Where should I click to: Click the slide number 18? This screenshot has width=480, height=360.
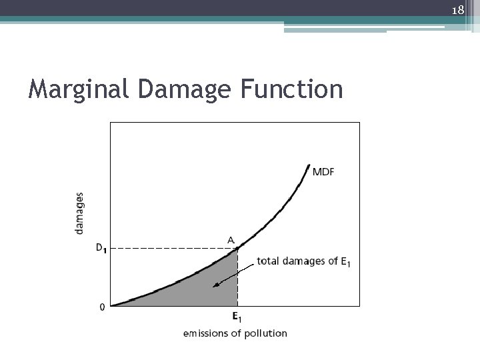click(x=458, y=10)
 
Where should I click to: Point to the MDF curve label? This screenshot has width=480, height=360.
click(x=324, y=172)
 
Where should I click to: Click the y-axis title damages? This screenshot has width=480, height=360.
click(x=80, y=213)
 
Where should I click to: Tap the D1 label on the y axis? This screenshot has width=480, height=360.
click(x=101, y=249)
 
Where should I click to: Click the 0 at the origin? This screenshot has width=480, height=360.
click(x=102, y=307)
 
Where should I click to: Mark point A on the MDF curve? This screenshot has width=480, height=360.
click(x=237, y=249)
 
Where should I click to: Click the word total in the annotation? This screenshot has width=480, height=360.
click(x=268, y=262)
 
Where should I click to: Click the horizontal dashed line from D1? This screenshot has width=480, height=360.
click(x=167, y=249)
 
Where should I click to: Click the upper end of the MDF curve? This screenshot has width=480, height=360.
click(x=309, y=165)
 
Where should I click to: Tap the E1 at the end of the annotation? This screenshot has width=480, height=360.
click(x=345, y=263)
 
